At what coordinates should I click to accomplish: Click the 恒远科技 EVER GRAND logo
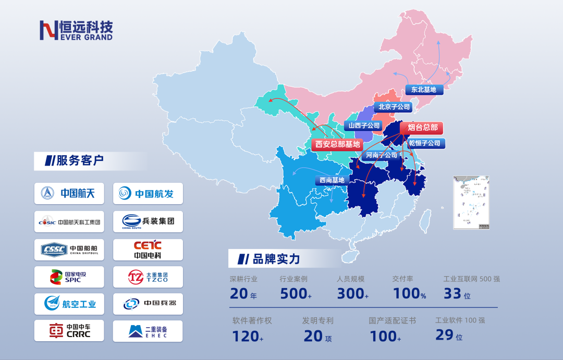pos(76,30)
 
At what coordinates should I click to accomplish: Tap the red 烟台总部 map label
pos(422,128)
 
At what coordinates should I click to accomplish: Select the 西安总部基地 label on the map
pos(337,144)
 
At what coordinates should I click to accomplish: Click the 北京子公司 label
pos(394,107)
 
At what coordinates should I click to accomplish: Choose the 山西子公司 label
pos(364,126)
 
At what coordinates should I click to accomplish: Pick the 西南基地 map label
pos(332,180)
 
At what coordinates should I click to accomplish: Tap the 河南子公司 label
pos(381,155)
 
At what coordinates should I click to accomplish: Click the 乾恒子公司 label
pos(424,143)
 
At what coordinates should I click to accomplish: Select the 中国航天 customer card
pos(69,193)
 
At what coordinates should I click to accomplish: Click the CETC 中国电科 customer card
pos(148,250)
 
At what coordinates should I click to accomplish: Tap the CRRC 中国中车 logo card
pos(69,331)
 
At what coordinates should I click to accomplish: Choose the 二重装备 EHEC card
pos(148,331)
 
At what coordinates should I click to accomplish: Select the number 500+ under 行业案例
pos(295,294)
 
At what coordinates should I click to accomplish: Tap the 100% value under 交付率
pos(409,294)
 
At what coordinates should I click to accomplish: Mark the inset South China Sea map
pos(471,202)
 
